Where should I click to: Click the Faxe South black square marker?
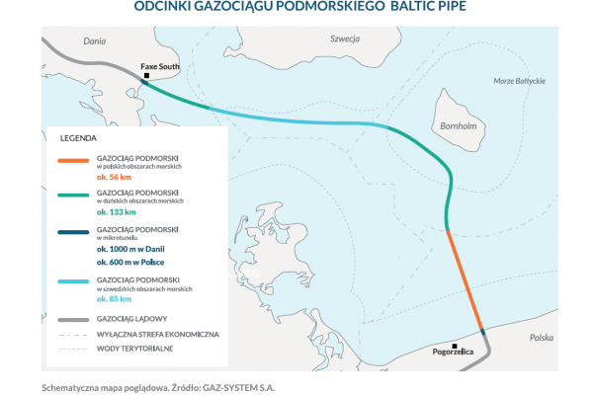146,75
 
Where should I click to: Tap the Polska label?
542,338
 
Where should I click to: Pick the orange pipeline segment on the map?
465,276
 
